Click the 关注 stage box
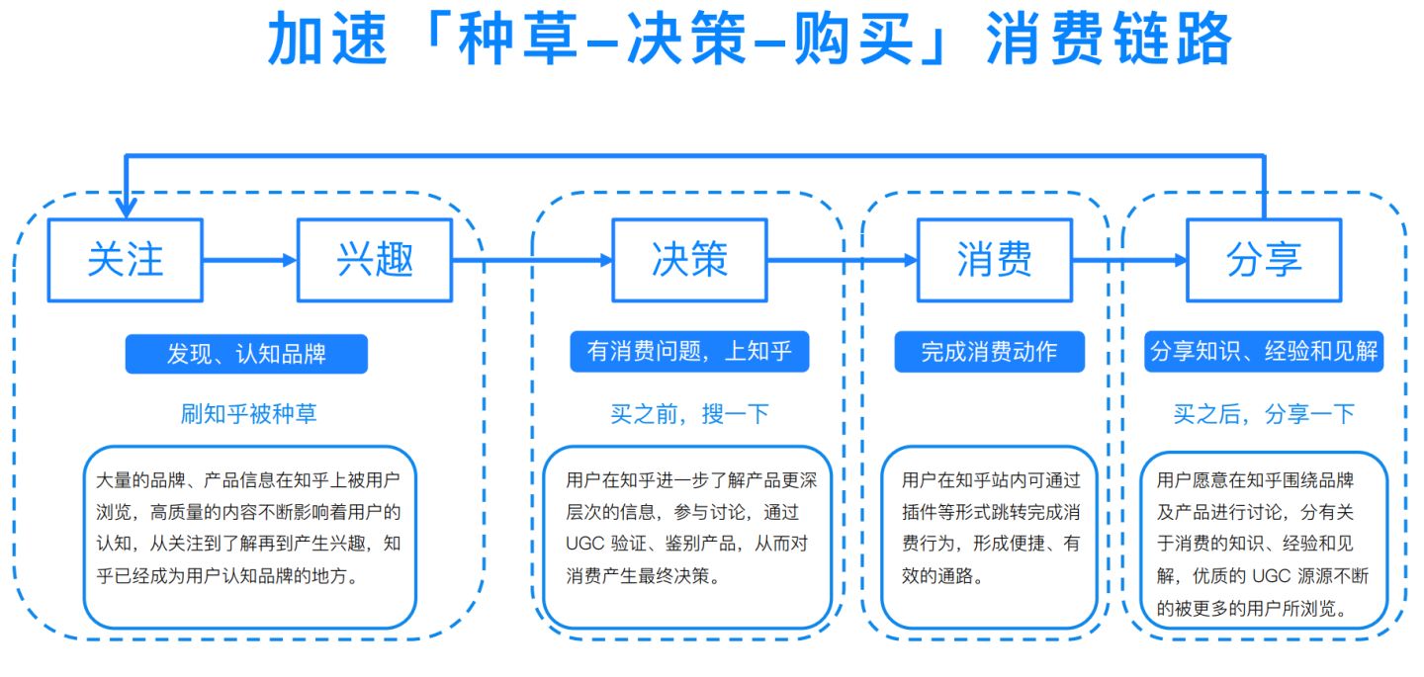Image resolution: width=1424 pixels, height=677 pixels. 126,260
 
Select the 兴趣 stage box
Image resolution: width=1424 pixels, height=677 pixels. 375,260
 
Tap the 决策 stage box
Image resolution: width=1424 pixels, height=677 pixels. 689,260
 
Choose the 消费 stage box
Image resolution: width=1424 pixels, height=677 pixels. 994,260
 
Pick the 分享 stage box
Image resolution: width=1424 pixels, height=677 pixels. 1264,260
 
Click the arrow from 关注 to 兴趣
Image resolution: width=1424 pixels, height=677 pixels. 249,260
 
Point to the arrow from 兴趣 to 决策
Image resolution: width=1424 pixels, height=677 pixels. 532,260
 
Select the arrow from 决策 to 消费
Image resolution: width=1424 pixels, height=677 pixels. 843,260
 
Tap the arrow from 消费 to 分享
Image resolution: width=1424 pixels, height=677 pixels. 1130,260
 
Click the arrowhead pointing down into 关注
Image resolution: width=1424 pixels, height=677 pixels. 126,207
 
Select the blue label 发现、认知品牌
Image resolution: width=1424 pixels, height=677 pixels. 246,354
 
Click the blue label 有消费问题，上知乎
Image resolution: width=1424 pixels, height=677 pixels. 689,352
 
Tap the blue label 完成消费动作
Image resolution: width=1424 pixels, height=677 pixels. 989,352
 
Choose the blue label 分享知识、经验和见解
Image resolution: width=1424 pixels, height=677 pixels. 1264,352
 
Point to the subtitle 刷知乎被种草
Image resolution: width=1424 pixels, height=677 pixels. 248,414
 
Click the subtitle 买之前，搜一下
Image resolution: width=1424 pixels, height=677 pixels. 689,414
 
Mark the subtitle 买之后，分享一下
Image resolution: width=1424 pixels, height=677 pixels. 1264,414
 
